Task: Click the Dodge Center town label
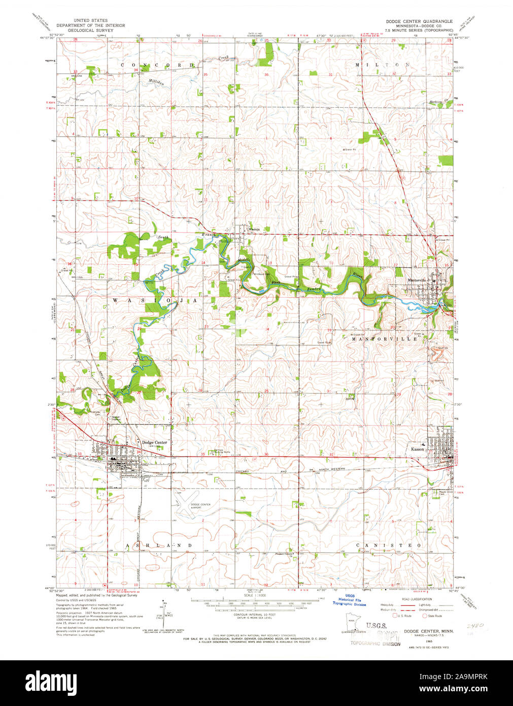[x=154, y=442]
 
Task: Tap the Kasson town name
[x=418, y=449]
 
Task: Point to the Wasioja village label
[x=254, y=229]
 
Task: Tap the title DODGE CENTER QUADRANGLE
[x=419, y=22]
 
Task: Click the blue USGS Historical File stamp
[x=350, y=600]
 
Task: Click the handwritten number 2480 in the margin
[x=475, y=627]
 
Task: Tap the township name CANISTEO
[x=388, y=545]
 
